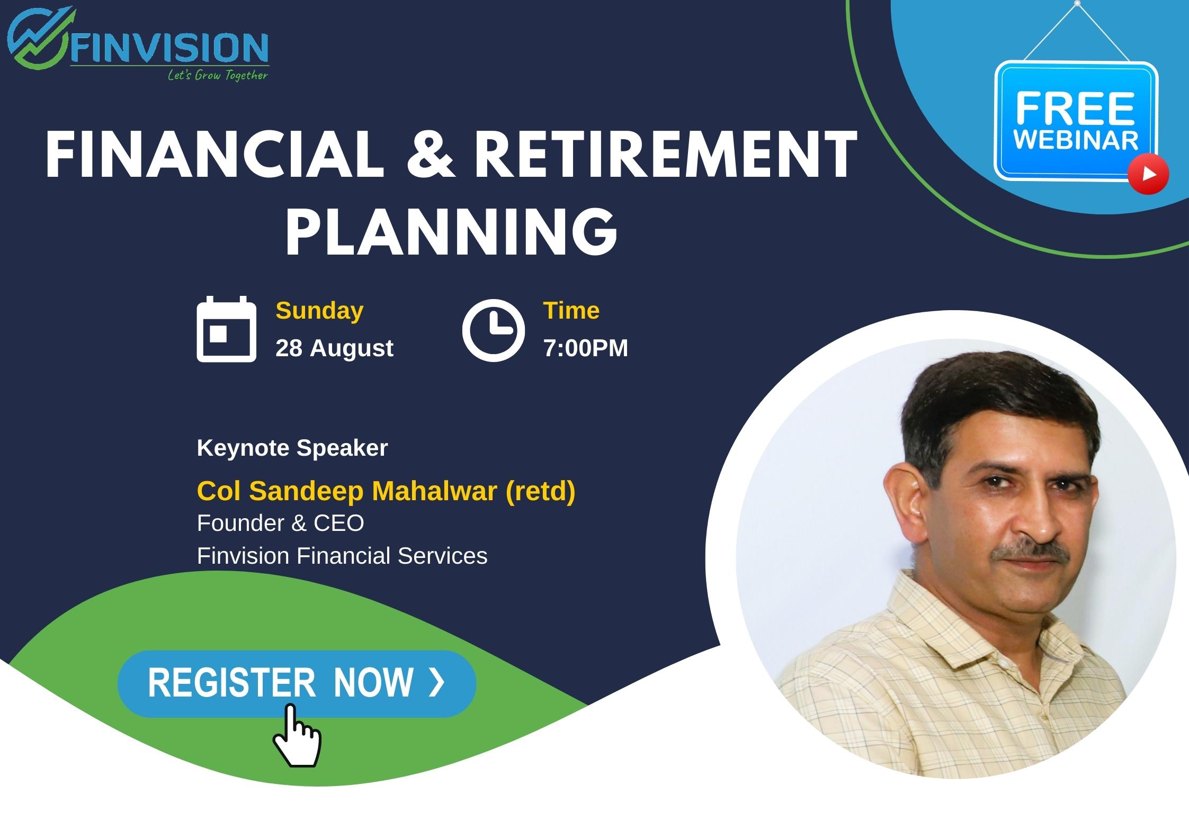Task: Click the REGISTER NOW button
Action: [x=297, y=683]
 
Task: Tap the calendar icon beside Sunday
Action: [x=226, y=329]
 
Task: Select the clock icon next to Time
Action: [x=493, y=330]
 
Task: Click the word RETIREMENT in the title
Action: [x=665, y=156]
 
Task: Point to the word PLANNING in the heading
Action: [x=452, y=231]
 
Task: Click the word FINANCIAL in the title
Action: [x=214, y=156]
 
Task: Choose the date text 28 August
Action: [x=334, y=348]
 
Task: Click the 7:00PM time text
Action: [x=586, y=348]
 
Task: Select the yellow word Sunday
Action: [x=319, y=311]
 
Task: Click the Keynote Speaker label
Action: [x=292, y=448]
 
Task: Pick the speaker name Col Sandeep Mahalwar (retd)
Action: [x=386, y=491]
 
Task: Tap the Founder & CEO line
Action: [x=280, y=523]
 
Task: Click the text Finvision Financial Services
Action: [x=342, y=556]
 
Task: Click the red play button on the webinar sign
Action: [x=1148, y=174]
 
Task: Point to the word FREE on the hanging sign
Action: [x=1075, y=109]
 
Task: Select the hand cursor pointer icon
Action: [x=297, y=735]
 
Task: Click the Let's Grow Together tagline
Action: [x=218, y=75]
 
